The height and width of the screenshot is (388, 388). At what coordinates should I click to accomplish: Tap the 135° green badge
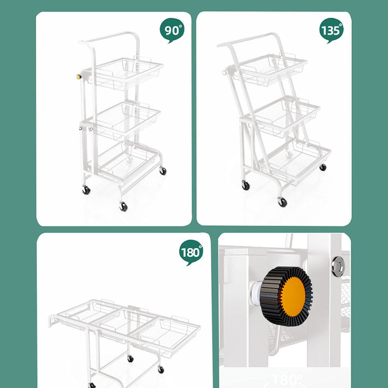click(x=332, y=30)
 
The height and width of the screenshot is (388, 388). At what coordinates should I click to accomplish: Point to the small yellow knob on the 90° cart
click(x=79, y=77)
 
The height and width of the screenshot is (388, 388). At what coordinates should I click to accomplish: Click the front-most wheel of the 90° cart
click(x=123, y=207)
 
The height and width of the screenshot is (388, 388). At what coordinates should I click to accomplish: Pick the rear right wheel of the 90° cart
click(x=163, y=171)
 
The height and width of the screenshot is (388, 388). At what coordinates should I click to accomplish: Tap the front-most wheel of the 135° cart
click(x=282, y=202)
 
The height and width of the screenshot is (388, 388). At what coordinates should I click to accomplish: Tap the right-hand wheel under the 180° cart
click(x=161, y=369)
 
